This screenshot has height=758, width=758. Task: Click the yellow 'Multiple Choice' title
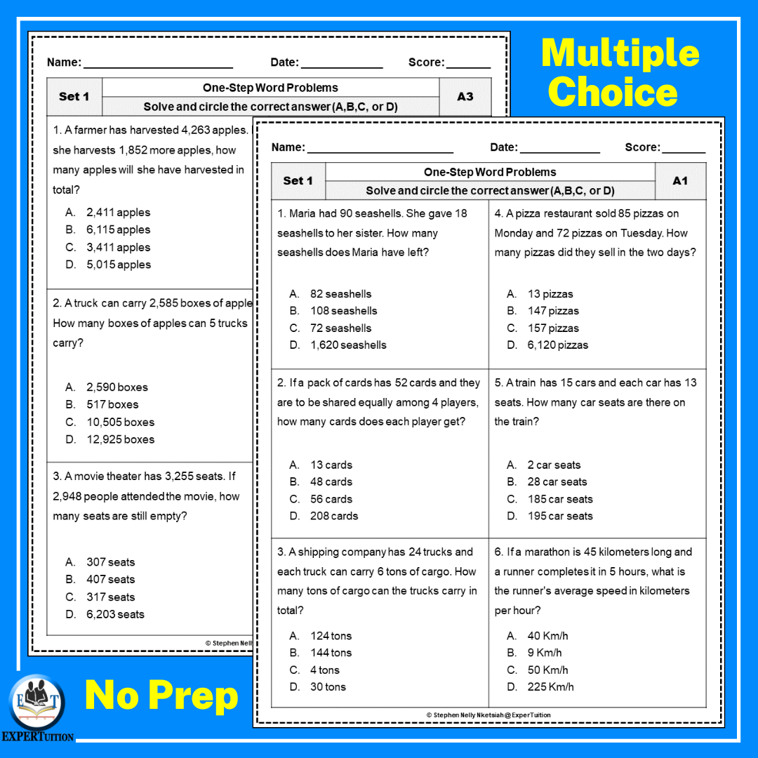[620, 72]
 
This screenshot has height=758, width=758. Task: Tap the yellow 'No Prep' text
[161, 695]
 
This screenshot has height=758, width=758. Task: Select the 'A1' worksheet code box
[680, 181]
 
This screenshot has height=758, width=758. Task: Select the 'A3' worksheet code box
[465, 97]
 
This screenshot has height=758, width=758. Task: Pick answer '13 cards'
[331, 465]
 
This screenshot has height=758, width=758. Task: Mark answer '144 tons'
[331, 653]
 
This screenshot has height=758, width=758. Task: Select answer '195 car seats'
[559, 516]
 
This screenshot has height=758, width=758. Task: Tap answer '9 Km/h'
[545, 653]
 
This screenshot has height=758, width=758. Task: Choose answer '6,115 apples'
[118, 230]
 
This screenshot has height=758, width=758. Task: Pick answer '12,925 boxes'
[120, 439]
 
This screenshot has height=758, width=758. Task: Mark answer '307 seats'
[110, 562]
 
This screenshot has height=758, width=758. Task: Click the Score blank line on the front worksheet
[684, 150]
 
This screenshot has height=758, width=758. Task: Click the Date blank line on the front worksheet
[559, 150]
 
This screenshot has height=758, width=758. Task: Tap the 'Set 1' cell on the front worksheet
[298, 181]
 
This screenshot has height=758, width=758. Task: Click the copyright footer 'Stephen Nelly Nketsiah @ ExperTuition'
[488, 715]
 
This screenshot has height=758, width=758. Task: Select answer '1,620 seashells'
[348, 345]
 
